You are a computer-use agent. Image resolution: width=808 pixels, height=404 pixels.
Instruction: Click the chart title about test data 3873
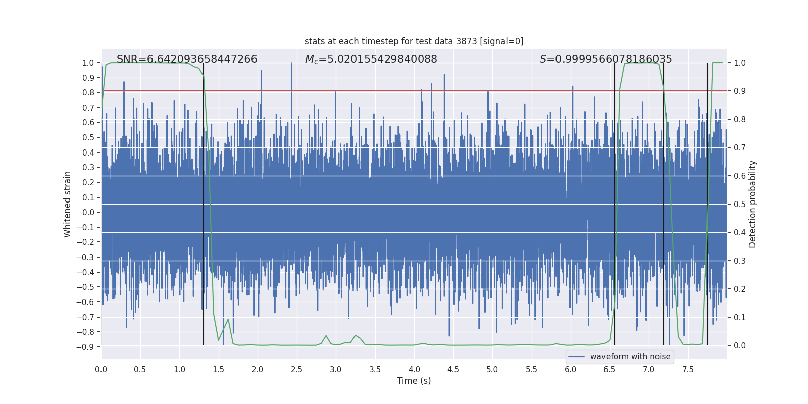[x=414, y=41]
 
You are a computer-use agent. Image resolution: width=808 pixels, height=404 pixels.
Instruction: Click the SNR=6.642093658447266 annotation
[x=187, y=59]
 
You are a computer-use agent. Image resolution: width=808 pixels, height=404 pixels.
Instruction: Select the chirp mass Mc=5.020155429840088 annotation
[x=371, y=59]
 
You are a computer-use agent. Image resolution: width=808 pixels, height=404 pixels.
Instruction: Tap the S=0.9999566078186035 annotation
[x=605, y=59]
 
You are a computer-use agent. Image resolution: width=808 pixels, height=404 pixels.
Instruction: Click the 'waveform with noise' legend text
[x=630, y=357]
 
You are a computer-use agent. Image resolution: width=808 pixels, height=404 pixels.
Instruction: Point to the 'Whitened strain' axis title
[x=68, y=204]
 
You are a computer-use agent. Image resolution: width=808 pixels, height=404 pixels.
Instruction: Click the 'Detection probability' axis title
[x=753, y=204]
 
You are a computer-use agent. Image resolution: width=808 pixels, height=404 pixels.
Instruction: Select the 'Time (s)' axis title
[x=414, y=381]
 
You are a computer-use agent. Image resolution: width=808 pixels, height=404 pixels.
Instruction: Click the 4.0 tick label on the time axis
[x=414, y=369]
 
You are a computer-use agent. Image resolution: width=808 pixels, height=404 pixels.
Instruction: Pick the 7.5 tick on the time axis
[x=688, y=369]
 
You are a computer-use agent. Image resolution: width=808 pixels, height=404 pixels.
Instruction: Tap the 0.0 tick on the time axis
[x=101, y=369]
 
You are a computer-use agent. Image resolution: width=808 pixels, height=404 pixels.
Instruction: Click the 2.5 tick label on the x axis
[x=296, y=369]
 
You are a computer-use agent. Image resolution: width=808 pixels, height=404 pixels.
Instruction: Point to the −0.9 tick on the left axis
[x=85, y=347]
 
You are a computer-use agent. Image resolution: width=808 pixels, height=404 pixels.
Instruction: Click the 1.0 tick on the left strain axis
[x=88, y=63]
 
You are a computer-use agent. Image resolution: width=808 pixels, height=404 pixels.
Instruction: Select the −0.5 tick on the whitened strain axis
[x=85, y=287]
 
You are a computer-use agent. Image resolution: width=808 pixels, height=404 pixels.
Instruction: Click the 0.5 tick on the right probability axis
[x=740, y=205]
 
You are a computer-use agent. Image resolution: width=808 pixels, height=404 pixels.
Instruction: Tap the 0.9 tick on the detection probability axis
[x=740, y=91]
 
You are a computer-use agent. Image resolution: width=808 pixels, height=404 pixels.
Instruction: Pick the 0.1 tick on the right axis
[x=740, y=318]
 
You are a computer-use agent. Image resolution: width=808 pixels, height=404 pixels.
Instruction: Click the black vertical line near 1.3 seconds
[x=204, y=202]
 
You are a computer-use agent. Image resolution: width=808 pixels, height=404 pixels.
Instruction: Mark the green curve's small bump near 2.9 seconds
[x=326, y=336]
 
